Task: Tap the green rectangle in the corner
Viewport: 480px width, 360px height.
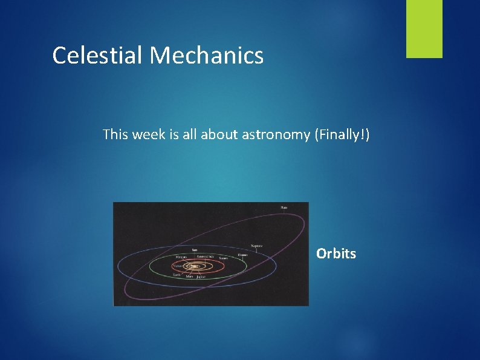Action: [424, 29]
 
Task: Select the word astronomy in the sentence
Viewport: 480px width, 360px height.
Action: [276, 134]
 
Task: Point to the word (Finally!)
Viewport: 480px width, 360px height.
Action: [340, 134]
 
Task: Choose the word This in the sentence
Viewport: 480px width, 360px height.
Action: [114, 134]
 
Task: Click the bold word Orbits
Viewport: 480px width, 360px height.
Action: [336, 254]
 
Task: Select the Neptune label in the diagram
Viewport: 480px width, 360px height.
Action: [257, 246]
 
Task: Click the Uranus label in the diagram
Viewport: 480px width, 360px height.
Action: [242, 255]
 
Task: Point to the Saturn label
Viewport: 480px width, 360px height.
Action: [223, 258]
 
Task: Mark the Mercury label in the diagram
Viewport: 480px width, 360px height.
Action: [181, 257]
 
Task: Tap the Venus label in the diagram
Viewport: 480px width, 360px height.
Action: [177, 265]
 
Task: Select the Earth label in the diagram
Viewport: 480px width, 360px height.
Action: [177, 274]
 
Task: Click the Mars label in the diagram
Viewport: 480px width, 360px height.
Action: [190, 277]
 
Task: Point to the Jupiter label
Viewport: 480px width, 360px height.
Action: [201, 277]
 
